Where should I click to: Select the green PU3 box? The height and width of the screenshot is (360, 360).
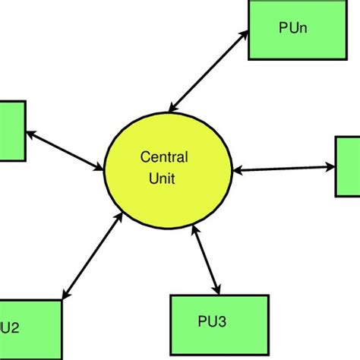[219, 321]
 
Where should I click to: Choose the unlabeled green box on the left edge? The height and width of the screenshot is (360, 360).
[12, 131]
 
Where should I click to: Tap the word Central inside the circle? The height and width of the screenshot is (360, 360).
[165, 157]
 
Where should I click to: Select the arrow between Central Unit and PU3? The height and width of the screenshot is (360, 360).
[207, 263]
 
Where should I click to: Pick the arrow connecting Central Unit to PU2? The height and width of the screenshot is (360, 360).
[91, 255]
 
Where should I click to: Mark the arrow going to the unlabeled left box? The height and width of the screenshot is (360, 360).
[65, 150]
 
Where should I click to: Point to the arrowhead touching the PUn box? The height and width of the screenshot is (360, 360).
[245, 33]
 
